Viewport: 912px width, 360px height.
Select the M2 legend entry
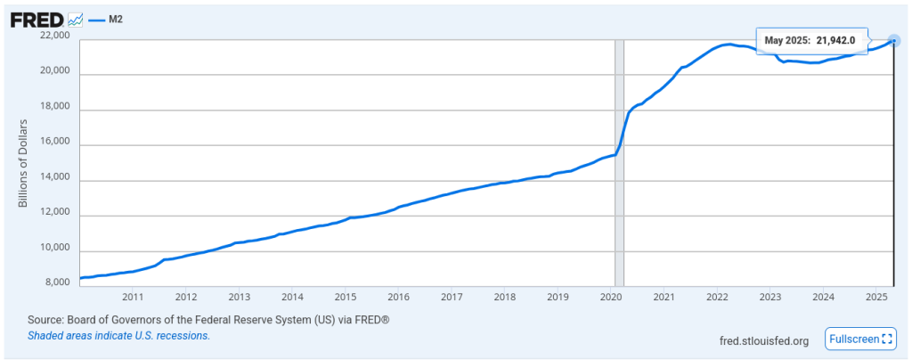pyautogui.click(x=113, y=19)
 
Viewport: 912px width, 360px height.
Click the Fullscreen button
pyautogui.click(x=859, y=339)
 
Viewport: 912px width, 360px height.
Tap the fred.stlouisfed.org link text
pyautogui.click(x=763, y=340)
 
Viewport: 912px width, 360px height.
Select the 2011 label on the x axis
pyautogui.click(x=133, y=297)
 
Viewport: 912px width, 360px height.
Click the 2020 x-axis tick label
pyautogui.click(x=611, y=297)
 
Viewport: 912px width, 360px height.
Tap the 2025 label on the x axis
pyautogui.click(x=876, y=297)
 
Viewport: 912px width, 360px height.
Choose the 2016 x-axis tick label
pyautogui.click(x=398, y=297)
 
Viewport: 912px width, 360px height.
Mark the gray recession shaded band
pyautogui.click(x=619, y=160)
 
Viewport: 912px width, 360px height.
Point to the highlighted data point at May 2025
pyautogui.click(x=893, y=40)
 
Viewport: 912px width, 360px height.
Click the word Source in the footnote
pyautogui.click(x=44, y=319)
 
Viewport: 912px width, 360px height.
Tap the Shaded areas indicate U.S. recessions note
pyautogui.click(x=118, y=336)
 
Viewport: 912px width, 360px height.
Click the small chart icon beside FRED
pyautogui.click(x=75, y=20)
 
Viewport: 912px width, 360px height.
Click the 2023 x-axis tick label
pyautogui.click(x=770, y=297)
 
